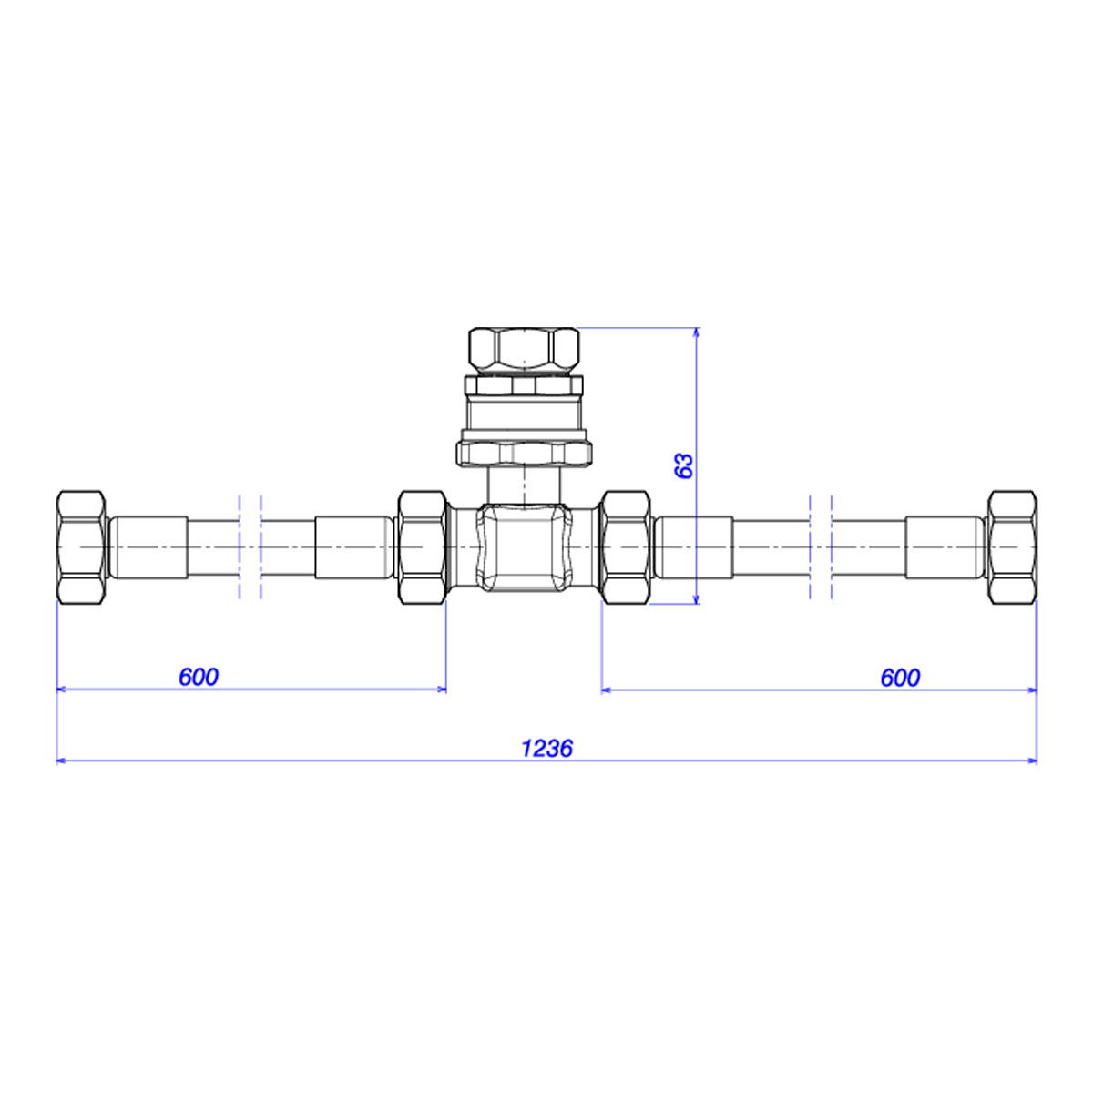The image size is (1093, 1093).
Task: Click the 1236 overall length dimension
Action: coord(546,748)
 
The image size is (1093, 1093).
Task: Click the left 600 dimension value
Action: coord(199,677)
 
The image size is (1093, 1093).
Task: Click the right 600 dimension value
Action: coord(900,678)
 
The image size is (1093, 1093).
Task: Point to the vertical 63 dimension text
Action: coord(685,465)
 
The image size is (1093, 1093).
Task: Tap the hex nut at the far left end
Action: coord(81,547)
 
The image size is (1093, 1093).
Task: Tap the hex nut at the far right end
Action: coord(1013,547)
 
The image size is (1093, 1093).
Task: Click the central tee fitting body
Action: coord(524,546)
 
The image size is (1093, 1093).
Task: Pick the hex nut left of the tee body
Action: coord(423,547)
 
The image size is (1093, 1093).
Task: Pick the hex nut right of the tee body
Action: coord(626,547)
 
